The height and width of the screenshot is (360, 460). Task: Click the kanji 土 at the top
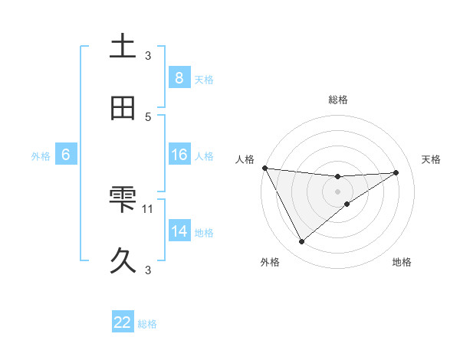point(123,46)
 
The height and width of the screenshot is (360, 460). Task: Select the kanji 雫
point(123,199)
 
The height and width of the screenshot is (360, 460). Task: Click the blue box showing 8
point(179,77)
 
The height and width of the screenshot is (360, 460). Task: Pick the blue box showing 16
point(179,155)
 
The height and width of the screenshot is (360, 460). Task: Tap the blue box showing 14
point(179,231)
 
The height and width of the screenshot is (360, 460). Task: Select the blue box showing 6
point(66,155)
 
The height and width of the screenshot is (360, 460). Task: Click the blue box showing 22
point(123,322)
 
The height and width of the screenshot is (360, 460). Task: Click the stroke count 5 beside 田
point(148,116)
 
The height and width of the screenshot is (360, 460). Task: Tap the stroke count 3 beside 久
point(148,270)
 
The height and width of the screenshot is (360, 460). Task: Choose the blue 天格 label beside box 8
point(203,79)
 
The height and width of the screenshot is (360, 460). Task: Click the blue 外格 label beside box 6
point(41,156)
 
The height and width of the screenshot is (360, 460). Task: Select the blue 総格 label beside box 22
point(147,324)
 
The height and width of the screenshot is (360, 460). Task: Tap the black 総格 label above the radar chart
point(337,100)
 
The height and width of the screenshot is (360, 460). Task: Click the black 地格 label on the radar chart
point(402,262)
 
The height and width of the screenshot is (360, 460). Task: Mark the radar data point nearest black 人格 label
point(264,168)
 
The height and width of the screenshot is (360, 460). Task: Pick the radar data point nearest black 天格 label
point(396,172)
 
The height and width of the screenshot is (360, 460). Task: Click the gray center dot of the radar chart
point(337,191)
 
